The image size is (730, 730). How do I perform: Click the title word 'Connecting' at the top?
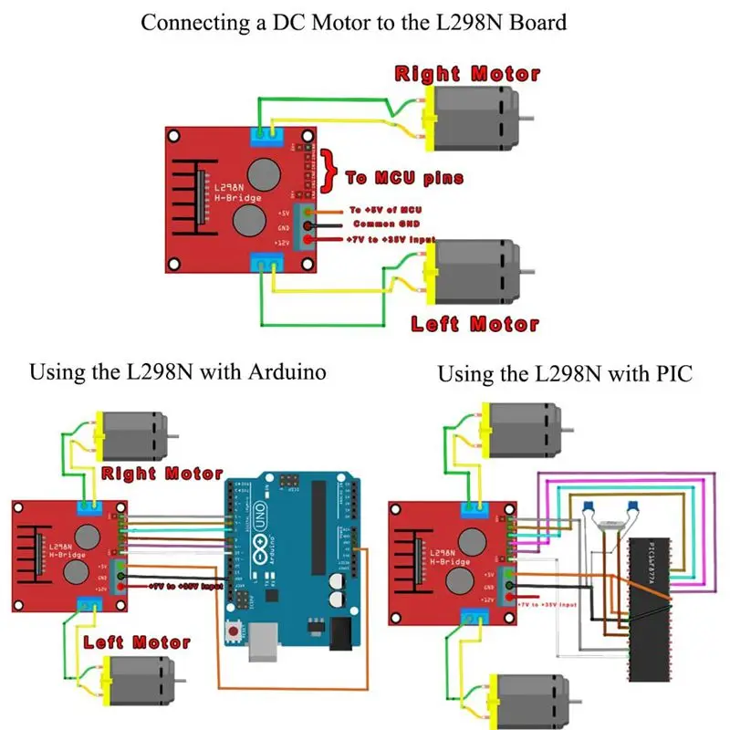pyautogui.click(x=189, y=22)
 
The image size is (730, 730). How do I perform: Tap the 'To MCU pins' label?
pyautogui.click(x=404, y=177)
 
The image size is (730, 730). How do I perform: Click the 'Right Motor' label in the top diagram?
pyautogui.click(x=467, y=73)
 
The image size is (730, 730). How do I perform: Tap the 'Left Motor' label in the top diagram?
pyautogui.click(x=474, y=323)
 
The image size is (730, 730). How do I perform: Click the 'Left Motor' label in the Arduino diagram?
pyautogui.click(x=137, y=642)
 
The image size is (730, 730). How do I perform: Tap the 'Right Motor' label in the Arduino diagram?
pyautogui.click(x=162, y=474)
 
